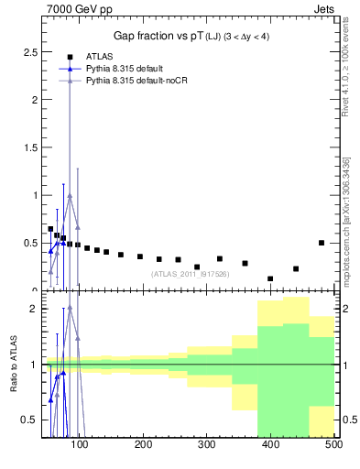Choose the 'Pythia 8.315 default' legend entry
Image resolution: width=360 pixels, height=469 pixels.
point(125,69)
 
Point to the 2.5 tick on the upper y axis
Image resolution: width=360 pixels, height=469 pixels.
point(29,52)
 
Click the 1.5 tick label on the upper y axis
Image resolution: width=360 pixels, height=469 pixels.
point(29,147)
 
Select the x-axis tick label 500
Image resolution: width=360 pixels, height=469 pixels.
point(333,446)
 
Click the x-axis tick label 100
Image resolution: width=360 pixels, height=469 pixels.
point(81,446)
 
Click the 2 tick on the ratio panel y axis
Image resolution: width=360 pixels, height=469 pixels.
point(33,309)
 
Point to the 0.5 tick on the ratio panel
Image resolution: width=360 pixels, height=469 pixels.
point(29,420)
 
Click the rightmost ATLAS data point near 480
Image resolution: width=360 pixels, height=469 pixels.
point(322,243)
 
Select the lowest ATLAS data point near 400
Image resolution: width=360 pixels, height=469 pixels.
point(270,278)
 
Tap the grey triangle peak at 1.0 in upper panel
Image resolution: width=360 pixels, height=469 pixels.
point(70,195)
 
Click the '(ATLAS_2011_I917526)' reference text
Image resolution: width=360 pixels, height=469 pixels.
point(190,273)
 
